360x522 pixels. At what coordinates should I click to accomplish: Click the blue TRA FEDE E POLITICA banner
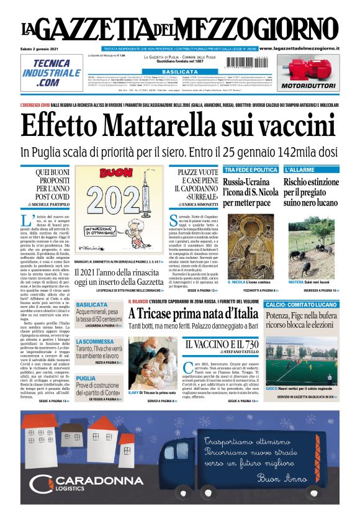[x=250, y=169]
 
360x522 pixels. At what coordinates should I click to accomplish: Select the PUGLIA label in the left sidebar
[x=86, y=378]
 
